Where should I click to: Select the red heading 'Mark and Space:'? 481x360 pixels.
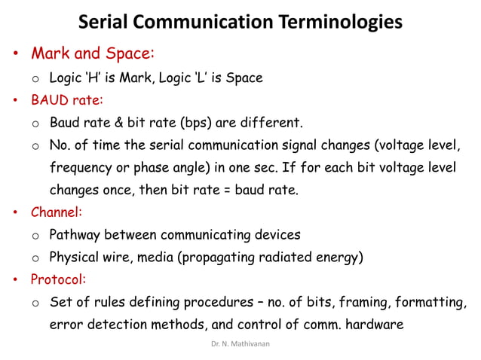[x=93, y=54]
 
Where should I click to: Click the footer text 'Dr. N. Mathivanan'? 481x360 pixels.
[x=240, y=343]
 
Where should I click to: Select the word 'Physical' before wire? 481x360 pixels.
[x=75, y=258]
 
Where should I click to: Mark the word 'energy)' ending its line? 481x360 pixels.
[x=341, y=258]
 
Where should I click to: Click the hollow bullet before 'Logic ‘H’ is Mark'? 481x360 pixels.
[x=35, y=78]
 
